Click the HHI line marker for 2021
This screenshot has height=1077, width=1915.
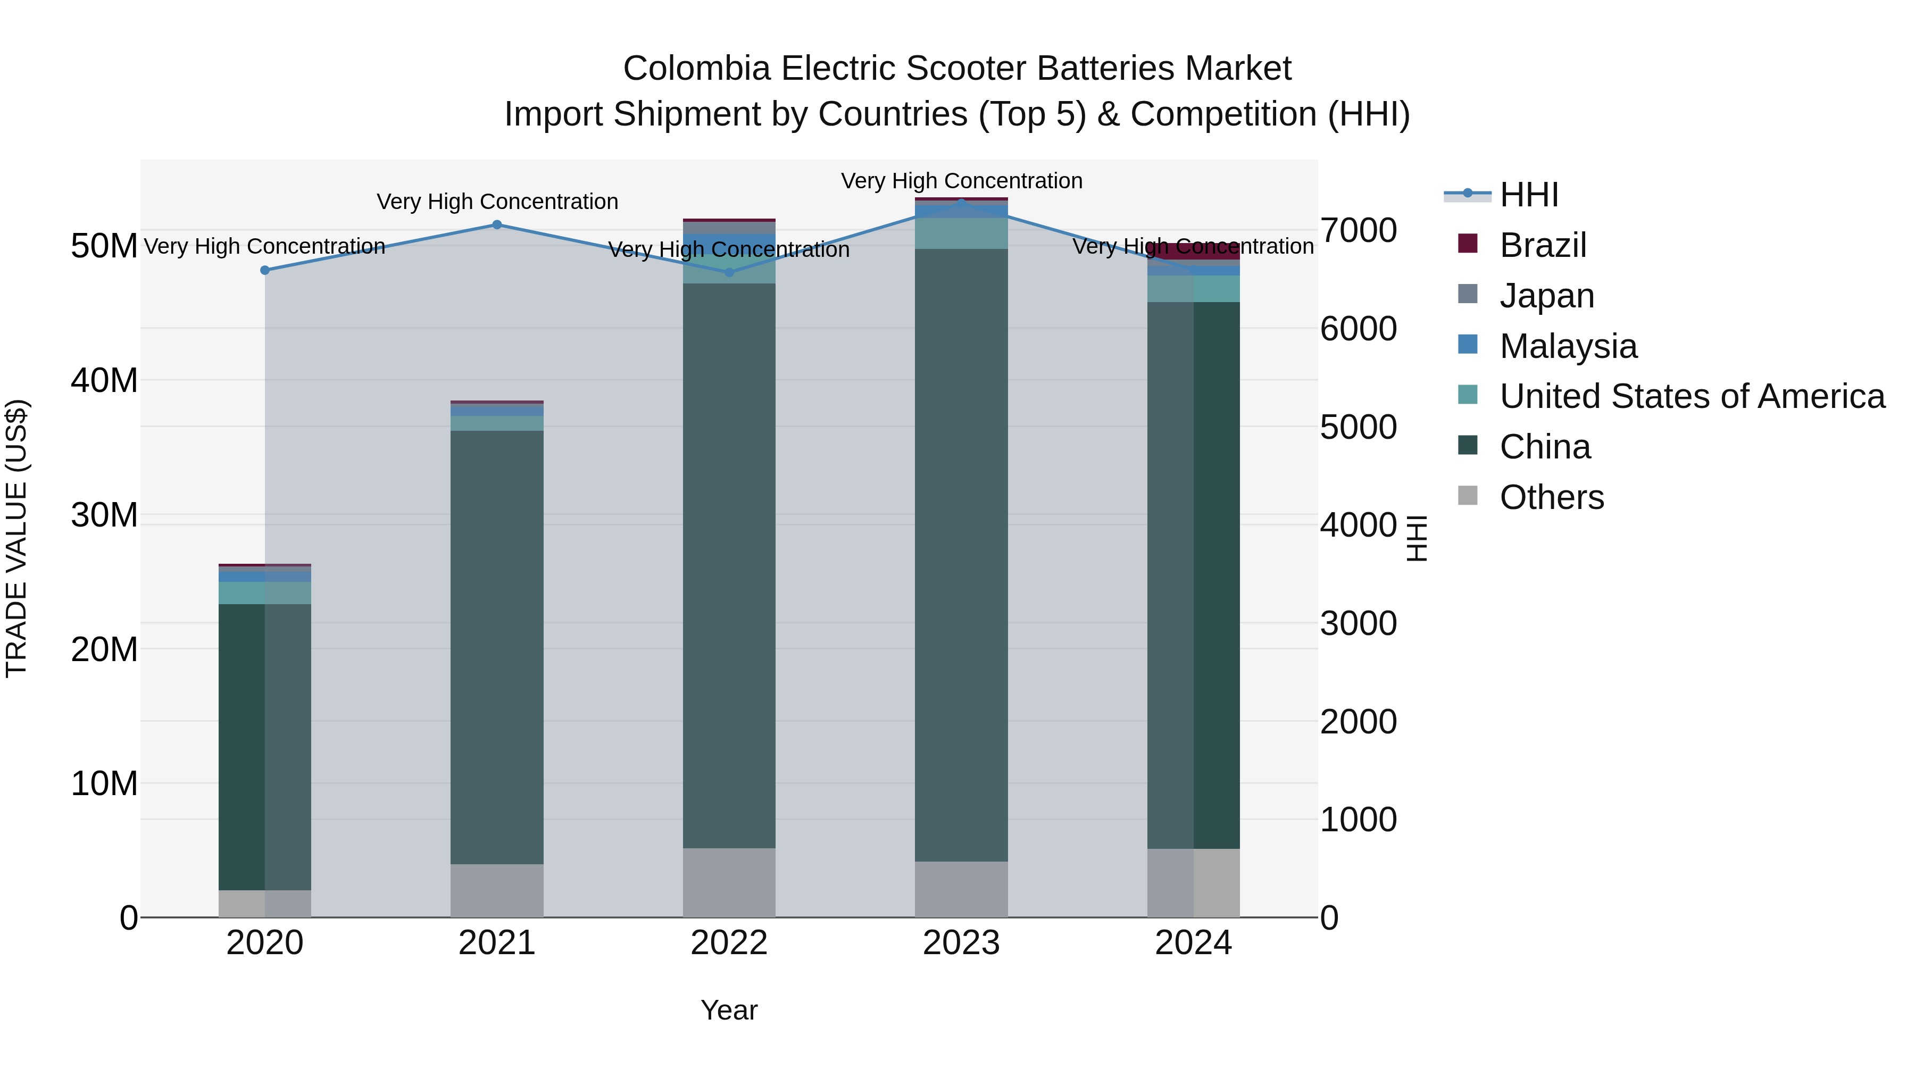tap(497, 224)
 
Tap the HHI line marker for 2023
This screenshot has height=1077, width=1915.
tap(961, 203)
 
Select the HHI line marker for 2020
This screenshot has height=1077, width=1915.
tap(265, 270)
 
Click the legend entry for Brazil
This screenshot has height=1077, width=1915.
tap(1543, 245)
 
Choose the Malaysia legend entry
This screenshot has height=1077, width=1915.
tap(1568, 346)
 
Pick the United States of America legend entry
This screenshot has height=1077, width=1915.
tap(1691, 396)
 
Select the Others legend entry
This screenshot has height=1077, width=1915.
tap(1552, 497)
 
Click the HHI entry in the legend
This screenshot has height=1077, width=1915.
tap(1528, 195)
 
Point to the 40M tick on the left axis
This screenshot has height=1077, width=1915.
tap(104, 381)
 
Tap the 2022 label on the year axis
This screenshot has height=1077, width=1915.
tap(729, 943)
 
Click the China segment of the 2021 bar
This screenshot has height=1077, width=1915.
tap(497, 647)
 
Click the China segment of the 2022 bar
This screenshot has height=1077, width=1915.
tap(729, 565)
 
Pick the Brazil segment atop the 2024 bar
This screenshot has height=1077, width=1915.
tap(1193, 251)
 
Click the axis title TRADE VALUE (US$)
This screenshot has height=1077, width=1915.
tap(16, 538)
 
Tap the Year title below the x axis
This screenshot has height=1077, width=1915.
tap(729, 1010)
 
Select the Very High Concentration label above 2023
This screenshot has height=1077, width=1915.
tap(961, 181)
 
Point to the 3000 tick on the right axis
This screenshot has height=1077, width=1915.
tap(1358, 624)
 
